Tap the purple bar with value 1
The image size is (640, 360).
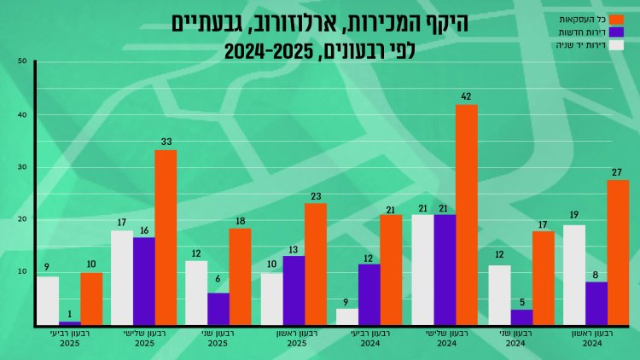tap(70, 323)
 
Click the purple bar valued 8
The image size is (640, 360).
tap(596, 304)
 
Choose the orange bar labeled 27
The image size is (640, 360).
tap(618, 253)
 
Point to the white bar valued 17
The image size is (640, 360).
tap(122, 277)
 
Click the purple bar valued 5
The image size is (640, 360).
tap(521, 316)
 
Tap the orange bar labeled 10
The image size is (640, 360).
tap(91, 299)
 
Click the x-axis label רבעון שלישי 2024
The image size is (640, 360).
tap(445, 339)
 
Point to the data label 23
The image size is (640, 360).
tap(315, 196)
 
